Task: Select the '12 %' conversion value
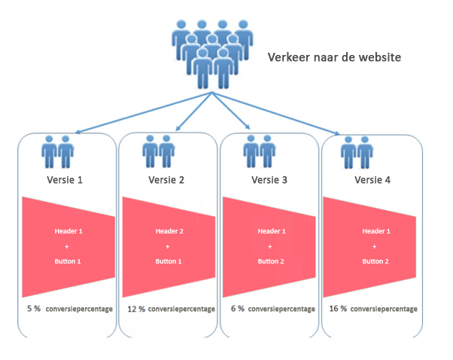pyautogui.click(x=135, y=309)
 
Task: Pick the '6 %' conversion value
pyautogui.click(x=238, y=309)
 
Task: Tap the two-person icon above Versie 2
pyautogui.click(x=159, y=151)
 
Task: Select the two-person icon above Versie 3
pyautogui.click(x=258, y=151)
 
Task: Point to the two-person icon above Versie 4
pyautogui.click(x=357, y=151)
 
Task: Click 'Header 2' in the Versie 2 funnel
pyautogui.click(x=169, y=231)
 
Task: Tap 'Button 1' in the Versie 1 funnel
pyautogui.click(x=68, y=261)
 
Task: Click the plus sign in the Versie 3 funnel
pyautogui.click(x=271, y=246)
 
